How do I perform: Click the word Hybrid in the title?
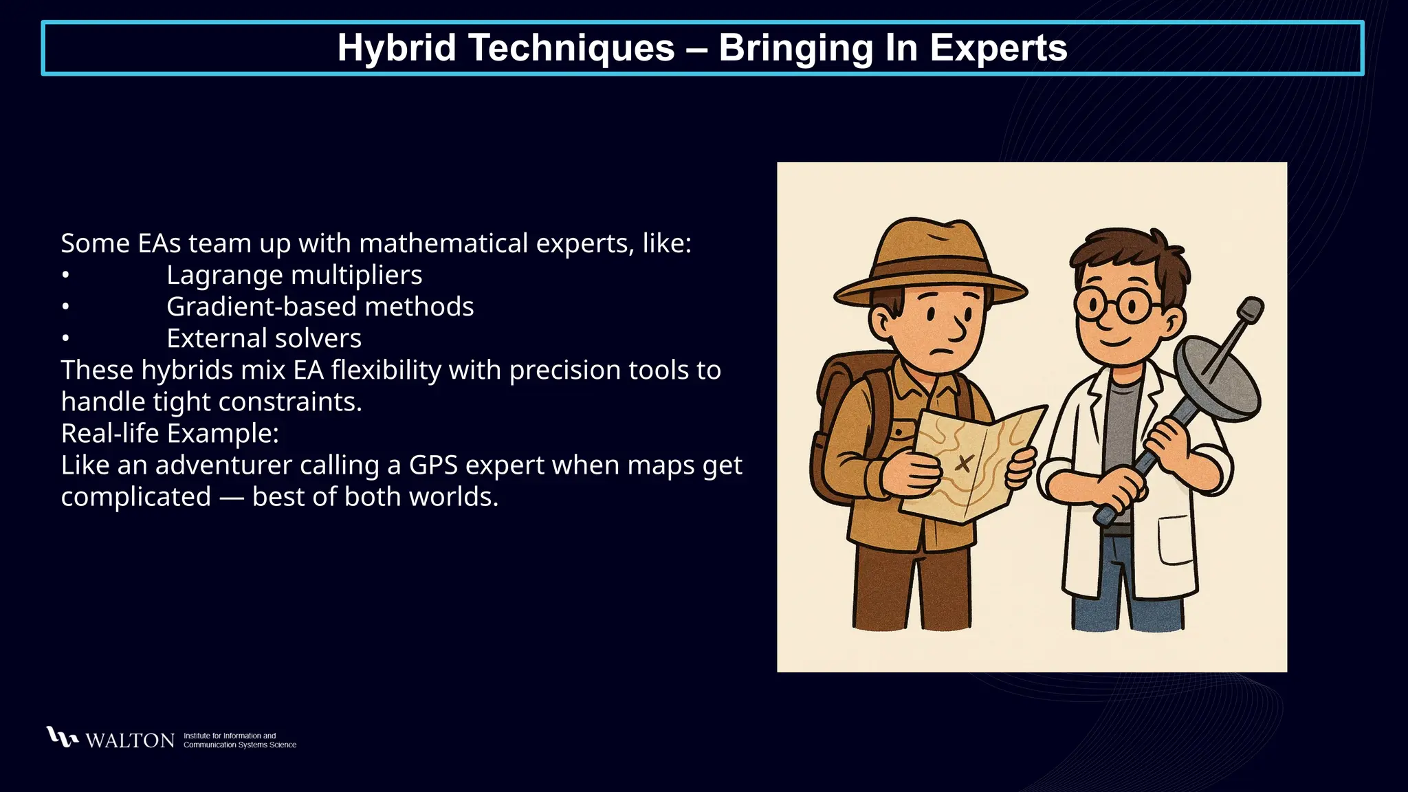click(397, 48)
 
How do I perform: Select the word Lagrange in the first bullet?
click(225, 275)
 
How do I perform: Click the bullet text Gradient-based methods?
click(320, 307)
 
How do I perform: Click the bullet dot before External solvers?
click(65, 338)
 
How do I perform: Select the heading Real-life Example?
click(170, 433)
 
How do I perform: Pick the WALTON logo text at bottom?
click(130, 740)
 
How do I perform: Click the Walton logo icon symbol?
click(62, 737)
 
